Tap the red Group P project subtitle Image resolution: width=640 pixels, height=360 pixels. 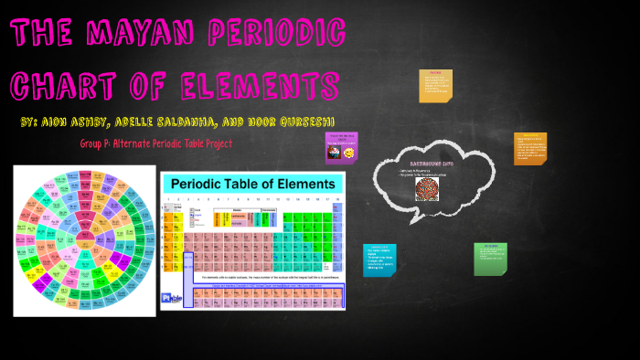coord(156,144)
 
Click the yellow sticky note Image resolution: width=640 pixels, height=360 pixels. coord(435,85)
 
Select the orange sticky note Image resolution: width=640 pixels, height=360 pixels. coord(530,148)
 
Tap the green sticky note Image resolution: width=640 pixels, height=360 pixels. coord(490,259)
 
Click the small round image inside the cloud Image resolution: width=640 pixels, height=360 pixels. coord(427,188)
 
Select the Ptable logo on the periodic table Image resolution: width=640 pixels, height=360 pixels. coord(170,298)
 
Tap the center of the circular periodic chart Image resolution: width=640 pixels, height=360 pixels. coord(84,239)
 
